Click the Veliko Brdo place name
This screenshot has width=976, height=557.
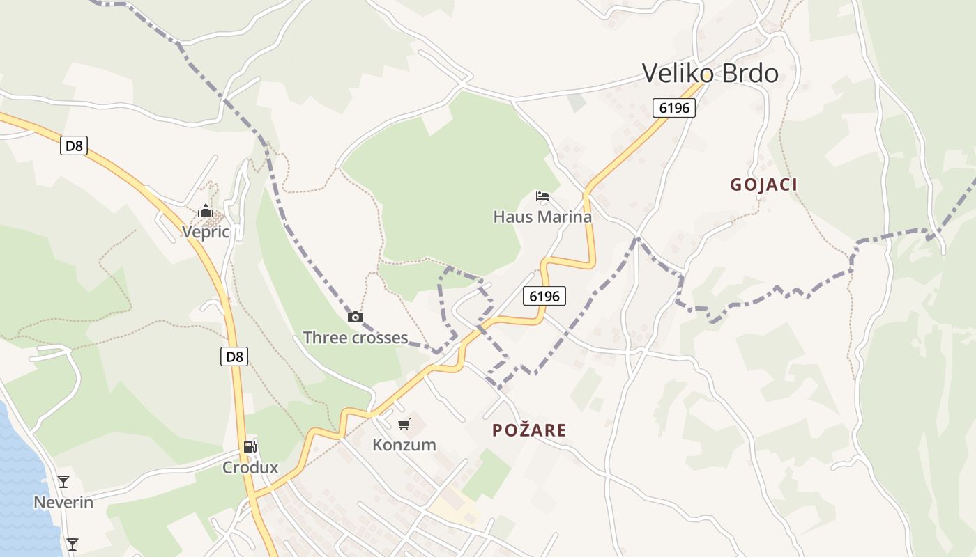(710, 73)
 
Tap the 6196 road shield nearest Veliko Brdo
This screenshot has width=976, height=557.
(674, 108)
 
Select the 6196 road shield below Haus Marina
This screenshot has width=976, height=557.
(544, 296)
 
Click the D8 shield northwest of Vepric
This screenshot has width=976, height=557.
(73, 146)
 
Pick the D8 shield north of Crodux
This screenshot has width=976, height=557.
(235, 357)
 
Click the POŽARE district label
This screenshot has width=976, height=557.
(529, 430)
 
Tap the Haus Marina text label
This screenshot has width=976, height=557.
(542, 217)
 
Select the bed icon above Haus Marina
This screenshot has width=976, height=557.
(542, 196)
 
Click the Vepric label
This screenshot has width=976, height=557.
(206, 232)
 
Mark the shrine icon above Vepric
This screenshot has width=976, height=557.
(205, 211)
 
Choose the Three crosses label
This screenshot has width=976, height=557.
(355, 338)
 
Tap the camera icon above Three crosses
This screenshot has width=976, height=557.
(356, 317)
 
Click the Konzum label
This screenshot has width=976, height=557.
(404, 444)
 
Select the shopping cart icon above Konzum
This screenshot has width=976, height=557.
(404, 424)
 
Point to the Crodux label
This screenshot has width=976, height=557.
(250, 467)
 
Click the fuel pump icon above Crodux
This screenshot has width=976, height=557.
(250, 447)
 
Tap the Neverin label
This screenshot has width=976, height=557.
(63, 502)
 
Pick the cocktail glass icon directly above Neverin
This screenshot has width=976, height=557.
(63, 481)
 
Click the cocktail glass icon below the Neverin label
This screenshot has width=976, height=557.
(72, 544)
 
